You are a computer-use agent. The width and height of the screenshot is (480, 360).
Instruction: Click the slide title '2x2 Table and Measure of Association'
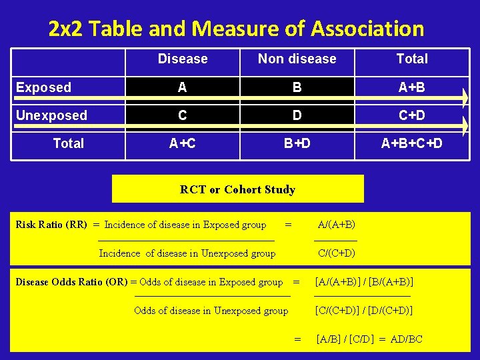click(236, 29)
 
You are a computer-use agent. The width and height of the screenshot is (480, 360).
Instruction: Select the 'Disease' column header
click(183, 59)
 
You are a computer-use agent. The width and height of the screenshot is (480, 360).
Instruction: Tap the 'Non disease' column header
click(297, 59)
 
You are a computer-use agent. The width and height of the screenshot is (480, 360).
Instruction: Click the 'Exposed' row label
click(43, 87)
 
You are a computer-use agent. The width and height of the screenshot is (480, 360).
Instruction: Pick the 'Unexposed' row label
click(51, 115)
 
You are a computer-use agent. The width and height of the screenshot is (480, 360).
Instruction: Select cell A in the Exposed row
click(183, 87)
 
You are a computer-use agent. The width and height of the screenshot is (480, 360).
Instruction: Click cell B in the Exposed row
click(297, 87)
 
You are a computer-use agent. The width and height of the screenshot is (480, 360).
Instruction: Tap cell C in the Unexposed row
click(183, 115)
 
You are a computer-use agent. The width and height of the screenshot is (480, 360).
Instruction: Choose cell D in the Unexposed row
click(297, 115)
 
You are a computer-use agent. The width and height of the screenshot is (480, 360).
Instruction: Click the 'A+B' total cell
click(412, 87)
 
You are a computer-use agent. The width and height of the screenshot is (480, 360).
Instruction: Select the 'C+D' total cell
click(412, 115)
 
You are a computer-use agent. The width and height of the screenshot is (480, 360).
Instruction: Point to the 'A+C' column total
click(183, 143)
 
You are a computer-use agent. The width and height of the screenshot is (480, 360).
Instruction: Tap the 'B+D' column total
click(297, 143)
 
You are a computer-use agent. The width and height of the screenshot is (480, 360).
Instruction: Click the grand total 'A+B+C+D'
click(411, 143)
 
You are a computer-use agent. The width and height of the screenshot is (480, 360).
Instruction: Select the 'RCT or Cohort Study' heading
click(237, 189)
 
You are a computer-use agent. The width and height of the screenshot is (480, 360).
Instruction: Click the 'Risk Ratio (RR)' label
click(51, 225)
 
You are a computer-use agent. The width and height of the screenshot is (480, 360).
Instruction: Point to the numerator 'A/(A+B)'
click(336, 225)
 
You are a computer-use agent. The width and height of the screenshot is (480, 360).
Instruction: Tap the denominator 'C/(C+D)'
click(336, 253)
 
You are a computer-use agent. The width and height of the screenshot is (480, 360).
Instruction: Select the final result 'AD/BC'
click(406, 339)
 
